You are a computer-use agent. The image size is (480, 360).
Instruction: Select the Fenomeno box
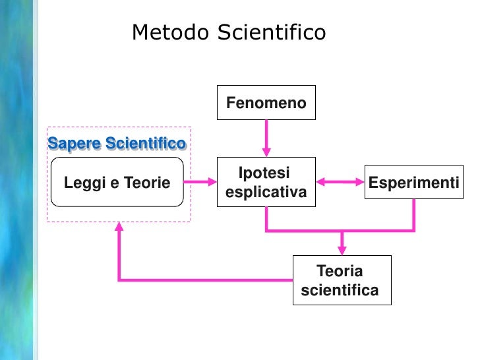(266, 103)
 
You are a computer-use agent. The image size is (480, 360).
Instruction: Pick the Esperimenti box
(413, 183)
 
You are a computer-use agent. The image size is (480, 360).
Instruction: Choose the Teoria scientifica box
(342, 280)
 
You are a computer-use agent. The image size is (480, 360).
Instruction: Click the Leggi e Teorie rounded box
(117, 183)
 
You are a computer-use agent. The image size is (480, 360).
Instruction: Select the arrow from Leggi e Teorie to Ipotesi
(200, 183)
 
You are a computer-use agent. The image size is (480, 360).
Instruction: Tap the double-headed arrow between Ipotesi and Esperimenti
(340, 183)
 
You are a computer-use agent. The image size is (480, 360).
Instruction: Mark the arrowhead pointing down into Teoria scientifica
(342, 249)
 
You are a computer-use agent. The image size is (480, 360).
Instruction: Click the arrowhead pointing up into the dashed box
(119, 227)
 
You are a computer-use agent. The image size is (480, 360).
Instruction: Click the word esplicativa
(266, 193)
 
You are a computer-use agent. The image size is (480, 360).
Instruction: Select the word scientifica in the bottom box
(340, 290)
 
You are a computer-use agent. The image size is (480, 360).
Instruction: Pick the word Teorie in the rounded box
(147, 183)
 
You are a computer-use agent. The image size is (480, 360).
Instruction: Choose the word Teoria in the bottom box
(340, 271)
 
